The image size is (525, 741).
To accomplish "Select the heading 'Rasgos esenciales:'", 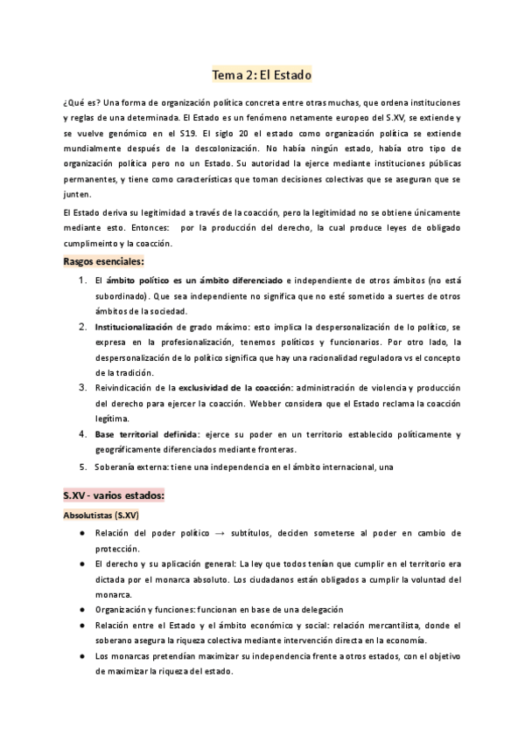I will [103, 261].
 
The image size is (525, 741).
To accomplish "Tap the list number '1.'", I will [80, 280].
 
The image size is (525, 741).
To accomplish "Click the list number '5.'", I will [80, 466].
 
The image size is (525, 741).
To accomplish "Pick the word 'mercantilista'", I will [397, 626].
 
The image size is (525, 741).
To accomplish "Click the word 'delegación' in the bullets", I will [316, 610].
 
